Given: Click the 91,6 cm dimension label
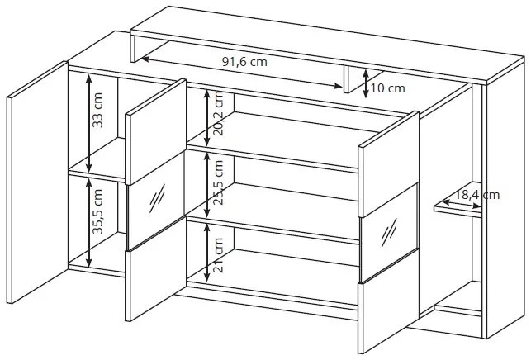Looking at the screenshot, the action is coord(244,62).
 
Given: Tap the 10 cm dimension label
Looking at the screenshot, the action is coord(388,88).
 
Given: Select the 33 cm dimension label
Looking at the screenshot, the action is coord(97,110).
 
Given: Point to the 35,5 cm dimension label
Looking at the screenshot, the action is coord(97,211).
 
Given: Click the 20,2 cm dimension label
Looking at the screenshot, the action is coord(219,113).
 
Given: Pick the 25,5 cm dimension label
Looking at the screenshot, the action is coord(219,182).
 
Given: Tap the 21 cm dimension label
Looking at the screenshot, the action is coord(219,255).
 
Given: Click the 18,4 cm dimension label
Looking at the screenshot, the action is coord(476,195).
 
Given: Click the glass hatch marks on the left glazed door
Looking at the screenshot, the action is coord(157,198).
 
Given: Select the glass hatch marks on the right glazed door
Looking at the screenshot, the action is coord(389,232).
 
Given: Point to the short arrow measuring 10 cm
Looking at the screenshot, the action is coord(365,83).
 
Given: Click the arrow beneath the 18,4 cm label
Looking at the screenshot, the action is coord(462,204).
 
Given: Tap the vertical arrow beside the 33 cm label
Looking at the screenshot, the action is coord(88,123).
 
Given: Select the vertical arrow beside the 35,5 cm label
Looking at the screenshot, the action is coord(88,222).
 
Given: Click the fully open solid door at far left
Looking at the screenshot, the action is coord(38,182).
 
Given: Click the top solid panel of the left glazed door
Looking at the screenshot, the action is coord(156,132).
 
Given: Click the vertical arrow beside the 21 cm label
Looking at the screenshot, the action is coord(206,253).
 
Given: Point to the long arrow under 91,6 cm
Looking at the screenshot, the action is coord(242,73).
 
